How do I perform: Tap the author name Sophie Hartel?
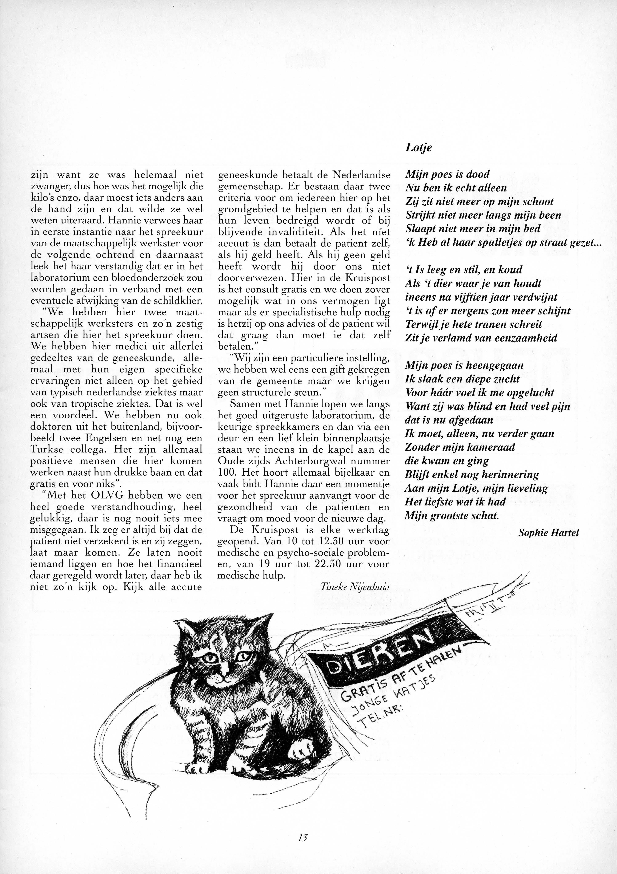pyautogui.click(x=548, y=533)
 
